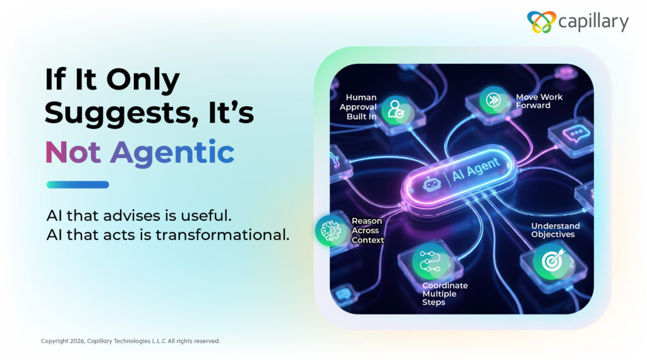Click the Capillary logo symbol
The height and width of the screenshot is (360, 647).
tap(541, 22)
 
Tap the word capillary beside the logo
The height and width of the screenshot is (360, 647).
tap(593, 22)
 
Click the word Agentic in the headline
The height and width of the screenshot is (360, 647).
tap(172, 153)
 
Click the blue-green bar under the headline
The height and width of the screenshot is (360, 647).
tap(78, 185)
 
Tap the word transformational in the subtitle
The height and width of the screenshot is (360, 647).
tap(222, 235)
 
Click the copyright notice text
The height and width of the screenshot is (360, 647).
tap(130, 341)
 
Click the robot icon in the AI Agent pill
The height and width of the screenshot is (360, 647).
tap(431, 184)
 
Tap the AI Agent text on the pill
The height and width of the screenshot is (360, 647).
tap(476, 169)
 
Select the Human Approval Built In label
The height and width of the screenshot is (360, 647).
tap(358, 107)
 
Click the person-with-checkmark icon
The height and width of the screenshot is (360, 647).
tap(397, 110)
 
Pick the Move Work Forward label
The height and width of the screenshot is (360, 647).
tap(539, 101)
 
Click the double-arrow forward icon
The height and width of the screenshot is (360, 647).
tap(493, 100)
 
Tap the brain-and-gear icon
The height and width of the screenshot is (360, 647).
tap(330, 231)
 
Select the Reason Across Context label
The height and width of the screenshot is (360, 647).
tap(367, 231)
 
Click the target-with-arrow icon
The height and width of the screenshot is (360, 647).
tap(552, 261)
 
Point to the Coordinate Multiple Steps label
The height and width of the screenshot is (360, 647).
tap(445, 294)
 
